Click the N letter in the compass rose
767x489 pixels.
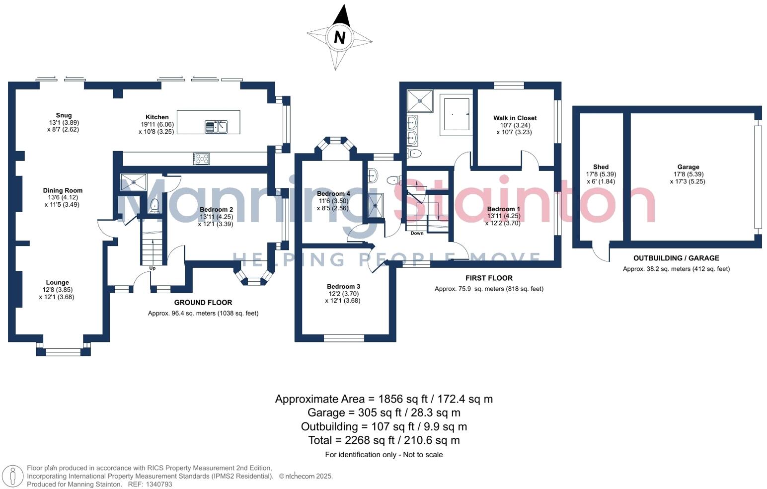point(340,37)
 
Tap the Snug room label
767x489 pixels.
point(64,115)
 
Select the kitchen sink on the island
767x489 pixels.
point(216,127)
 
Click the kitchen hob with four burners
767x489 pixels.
point(201,159)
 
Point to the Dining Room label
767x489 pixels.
point(63,190)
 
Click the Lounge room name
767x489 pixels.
point(57,282)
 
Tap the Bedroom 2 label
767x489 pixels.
point(216,210)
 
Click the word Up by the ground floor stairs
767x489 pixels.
point(153,268)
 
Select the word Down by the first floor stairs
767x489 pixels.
point(417,233)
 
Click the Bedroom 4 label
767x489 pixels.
point(333,194)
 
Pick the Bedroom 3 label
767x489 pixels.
point(343,286)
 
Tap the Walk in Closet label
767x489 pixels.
point(515,118)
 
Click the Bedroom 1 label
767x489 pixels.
point(503,209)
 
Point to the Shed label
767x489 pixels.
point(601,167)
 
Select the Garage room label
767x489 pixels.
point(688,167)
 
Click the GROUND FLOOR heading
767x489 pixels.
point(203,302)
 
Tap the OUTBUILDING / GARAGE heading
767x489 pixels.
point(676,258)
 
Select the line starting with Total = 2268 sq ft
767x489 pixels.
point(383,440)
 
